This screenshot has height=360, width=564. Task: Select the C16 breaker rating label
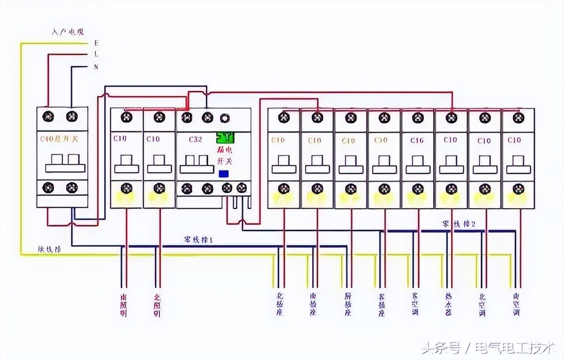[417, 140]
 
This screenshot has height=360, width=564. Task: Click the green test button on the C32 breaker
[225, 138]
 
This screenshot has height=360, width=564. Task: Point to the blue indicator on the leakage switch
[224, 173]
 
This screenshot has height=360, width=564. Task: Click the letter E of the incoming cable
[96, 43]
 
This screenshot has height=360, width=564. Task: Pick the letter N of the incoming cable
[96, 67]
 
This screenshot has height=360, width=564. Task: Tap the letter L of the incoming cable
[96, 55]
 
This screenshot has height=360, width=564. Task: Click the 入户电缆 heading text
[68, 32]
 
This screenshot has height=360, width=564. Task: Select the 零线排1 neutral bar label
[198, 240]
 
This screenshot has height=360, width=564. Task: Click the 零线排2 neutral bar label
[459, 224]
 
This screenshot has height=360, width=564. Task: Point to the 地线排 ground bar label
[49, 249]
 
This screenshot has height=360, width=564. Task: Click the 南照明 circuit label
[124, 305]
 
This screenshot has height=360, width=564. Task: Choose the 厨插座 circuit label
[348, 305]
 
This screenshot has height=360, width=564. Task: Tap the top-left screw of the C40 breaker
[47, 116]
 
